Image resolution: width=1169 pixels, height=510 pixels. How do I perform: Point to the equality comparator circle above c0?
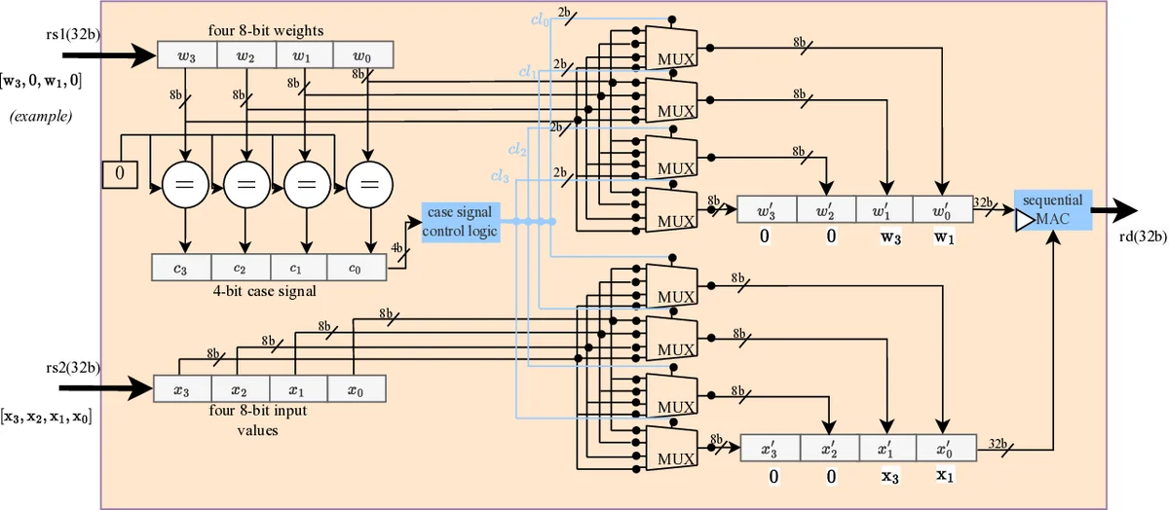(x=367, y=182)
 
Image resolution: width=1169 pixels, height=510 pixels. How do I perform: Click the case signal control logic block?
(x=461, y=222)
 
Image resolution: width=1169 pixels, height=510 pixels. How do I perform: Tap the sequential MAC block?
(x=1052, y=210)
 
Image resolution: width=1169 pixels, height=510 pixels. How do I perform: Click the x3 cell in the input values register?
(x=182, y=388)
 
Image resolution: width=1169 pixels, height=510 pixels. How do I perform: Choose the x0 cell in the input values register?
(x=357, y=388)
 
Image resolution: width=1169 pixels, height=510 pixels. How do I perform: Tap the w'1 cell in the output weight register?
(x=884, y=209)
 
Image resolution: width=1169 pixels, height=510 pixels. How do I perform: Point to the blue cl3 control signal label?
(x=500, y=176)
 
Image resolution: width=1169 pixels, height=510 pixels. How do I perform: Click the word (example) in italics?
(x=43, y=117)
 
